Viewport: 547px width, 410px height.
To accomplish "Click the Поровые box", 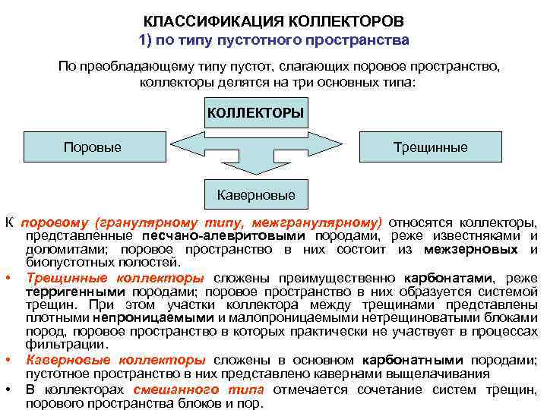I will pos(92,147).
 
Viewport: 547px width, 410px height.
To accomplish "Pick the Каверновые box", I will pos(256,195).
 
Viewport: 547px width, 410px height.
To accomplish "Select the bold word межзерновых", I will pos(471,249).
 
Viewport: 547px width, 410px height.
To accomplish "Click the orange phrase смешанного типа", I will pos(198,389).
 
